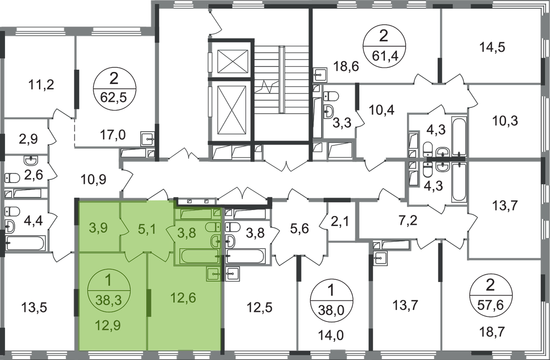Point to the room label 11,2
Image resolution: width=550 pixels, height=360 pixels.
[x=41, y=84]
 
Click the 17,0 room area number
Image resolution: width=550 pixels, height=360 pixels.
[x=113, y=135]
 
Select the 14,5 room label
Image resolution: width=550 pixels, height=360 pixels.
[x=492, y=47]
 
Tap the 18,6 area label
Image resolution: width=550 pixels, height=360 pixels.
[x=346, y=66]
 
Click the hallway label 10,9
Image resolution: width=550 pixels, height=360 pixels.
[x=93, y=180]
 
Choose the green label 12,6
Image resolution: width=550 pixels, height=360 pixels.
[x=183, y=298]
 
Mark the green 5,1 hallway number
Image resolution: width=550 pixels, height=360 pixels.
[x=147, y=229]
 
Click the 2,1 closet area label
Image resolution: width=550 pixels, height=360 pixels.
[x=340, y=222]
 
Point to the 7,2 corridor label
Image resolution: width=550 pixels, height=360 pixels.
[x=408, y=221]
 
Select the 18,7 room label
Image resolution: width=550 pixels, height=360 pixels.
[x=492, y=332]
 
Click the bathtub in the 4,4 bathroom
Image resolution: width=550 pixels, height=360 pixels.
[x=26, y=243]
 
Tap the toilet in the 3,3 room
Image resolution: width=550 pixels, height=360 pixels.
[x=331, y=96]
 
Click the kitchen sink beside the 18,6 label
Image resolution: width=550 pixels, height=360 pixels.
[x=320, y=75]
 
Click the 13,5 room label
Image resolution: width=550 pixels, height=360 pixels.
[x=34, y=308]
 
